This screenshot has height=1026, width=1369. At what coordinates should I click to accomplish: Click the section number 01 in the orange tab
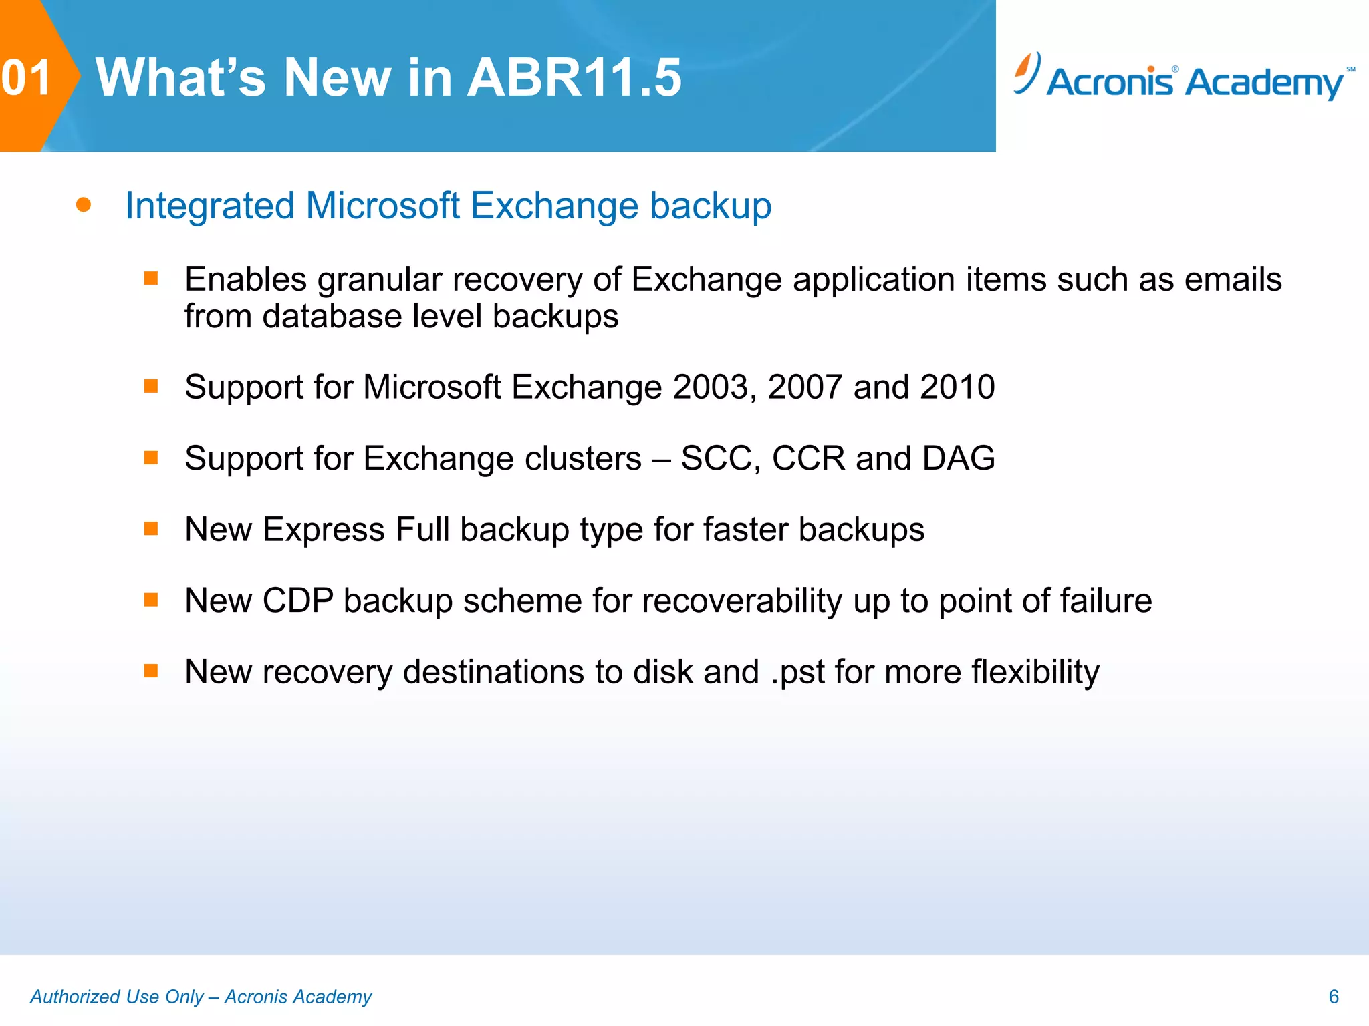(27, 77)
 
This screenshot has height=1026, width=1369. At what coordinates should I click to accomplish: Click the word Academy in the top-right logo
(1265, 83)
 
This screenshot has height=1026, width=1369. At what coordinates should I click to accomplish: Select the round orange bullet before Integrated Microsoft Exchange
(84, 204)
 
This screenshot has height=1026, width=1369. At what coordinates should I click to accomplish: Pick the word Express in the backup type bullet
(324, 530)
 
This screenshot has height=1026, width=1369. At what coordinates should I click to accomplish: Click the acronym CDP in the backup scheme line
(297, 601)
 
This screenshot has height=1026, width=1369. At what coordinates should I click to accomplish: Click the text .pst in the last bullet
(798, 673)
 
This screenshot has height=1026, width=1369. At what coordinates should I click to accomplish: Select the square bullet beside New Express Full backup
(151, 529)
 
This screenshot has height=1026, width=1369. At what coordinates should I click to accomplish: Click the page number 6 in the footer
(1334, 997)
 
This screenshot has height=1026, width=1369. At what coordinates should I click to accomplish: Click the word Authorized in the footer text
(75, 997)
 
